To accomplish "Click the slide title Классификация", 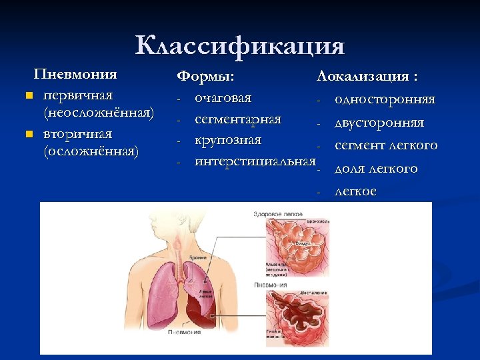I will tap(240, 46).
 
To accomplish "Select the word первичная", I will tap(77, 95).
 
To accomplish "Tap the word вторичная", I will tap(77, 133).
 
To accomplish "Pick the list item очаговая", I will tap(223, 98).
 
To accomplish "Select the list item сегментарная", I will tap(237, 119).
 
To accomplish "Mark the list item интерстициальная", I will tap(254, 161).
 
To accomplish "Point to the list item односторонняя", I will tap(385, 99).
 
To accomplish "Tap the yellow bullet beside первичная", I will tap(29, 95).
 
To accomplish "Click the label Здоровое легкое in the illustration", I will tap(273, 213).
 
